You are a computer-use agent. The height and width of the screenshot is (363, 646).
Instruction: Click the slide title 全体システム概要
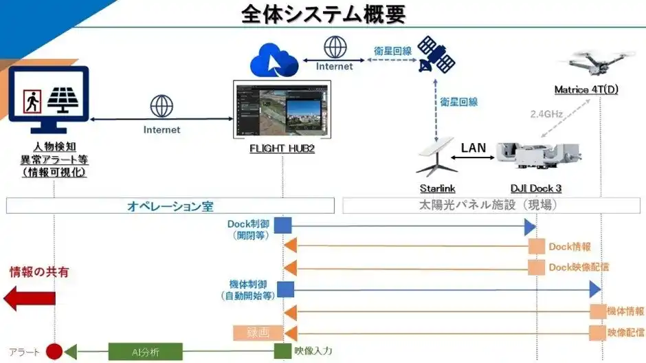[x=323, y=13]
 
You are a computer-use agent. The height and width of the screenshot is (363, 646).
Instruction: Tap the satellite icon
[x=437, y=54]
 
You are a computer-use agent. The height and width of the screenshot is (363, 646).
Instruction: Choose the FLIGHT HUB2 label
[x=282, y=148]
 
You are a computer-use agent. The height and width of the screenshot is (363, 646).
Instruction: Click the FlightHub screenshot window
[x=282, y=109]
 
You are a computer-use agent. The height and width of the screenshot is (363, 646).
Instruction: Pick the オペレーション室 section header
[x=170, y=206]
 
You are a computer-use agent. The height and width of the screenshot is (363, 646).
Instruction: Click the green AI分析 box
[x=146, y=351]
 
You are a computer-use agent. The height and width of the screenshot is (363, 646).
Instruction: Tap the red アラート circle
[x=54, y=351]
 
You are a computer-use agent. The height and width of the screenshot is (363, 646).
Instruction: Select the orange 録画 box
[x=253, y=333]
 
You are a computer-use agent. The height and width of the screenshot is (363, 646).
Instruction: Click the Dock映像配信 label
[x=578, y=267]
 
